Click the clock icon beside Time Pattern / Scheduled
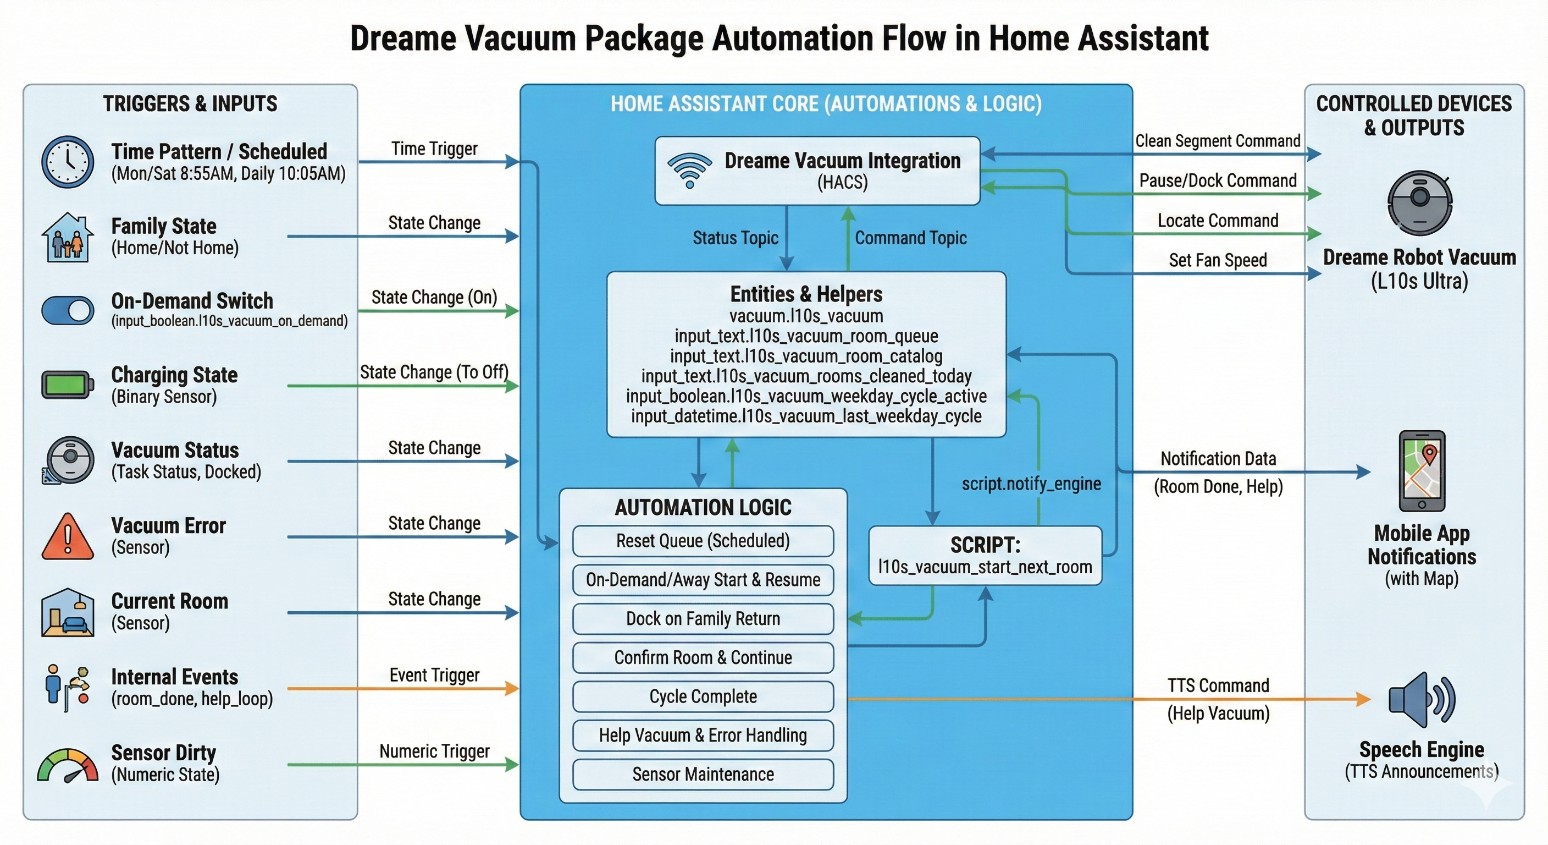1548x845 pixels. [67, 162]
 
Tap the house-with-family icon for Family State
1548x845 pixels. [67, 238]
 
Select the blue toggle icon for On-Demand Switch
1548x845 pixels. [67, 311]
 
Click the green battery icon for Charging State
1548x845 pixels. [67, 385]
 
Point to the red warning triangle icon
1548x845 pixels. [67, 536]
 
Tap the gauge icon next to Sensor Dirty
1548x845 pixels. [67, 765]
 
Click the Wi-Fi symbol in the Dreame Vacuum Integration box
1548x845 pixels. [689, 170]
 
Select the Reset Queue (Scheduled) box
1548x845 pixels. [703, 541]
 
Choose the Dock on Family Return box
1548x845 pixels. [703, 619]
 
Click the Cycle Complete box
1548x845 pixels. [703, 696]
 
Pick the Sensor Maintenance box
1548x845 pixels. [703, 774]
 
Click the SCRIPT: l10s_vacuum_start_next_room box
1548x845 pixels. [985, 556]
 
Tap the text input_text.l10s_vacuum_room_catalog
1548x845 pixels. [806, 356]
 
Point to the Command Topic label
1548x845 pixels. [910, 238]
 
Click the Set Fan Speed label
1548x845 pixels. [1218, 260]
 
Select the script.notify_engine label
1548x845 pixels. [1031, 484]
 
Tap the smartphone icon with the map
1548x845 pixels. [1422, 471]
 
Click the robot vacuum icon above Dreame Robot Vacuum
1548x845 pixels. [1419, 202]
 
